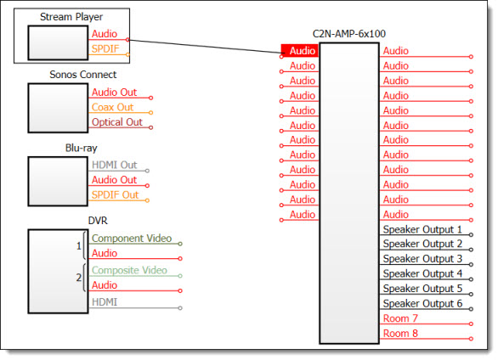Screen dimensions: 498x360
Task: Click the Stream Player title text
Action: (x=71, y=17)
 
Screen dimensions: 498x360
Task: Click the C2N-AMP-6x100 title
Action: (x=349, y=34)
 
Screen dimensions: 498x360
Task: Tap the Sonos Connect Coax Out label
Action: (x=112, y=107)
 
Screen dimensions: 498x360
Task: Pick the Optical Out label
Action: (x=117, y=122)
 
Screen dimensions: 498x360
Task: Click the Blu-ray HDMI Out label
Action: (x=115, y=165)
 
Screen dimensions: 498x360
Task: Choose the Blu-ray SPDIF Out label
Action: (x=115, y=194)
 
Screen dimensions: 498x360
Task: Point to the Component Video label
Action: (x=132, y=239)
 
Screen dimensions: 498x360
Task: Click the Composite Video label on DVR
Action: (x=129, y=270)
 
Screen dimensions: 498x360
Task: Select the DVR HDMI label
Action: (x=105, y=302)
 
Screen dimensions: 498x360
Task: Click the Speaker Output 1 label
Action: (x=422, y=229)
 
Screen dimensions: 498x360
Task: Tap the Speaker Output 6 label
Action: (x=422, y=304)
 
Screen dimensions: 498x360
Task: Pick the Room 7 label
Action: (x=400, y=318)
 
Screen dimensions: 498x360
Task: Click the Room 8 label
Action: (x=400, y=334)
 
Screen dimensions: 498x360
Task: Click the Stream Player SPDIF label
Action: (x=105, y=49)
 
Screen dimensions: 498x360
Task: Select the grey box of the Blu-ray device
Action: (x=58, y=182)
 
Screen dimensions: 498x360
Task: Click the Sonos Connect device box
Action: (x=58, y=108)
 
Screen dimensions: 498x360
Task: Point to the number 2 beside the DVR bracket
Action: (x=79, y=278)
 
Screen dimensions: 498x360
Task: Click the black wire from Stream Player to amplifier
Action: (x=205, y=47)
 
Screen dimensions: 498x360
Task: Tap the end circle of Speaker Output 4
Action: (x=471, y=279)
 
